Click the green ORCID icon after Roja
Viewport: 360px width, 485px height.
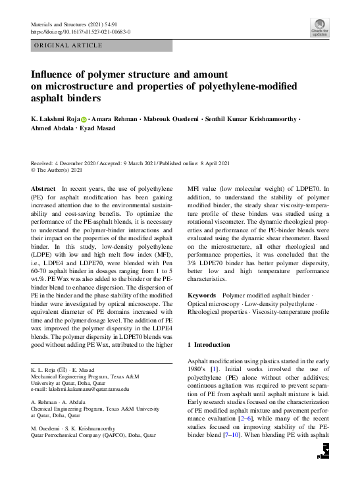pyautogui.click(x=84, y=119)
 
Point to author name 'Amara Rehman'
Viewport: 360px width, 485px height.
pyautogui.click(x=111, y=119)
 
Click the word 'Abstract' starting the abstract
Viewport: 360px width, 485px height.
pyautogui.click(x=43, y=188)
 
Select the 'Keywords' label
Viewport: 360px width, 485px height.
pyautogui.click(x=203, y=296)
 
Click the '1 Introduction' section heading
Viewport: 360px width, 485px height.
pyautogui.click(x=209, y=345)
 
